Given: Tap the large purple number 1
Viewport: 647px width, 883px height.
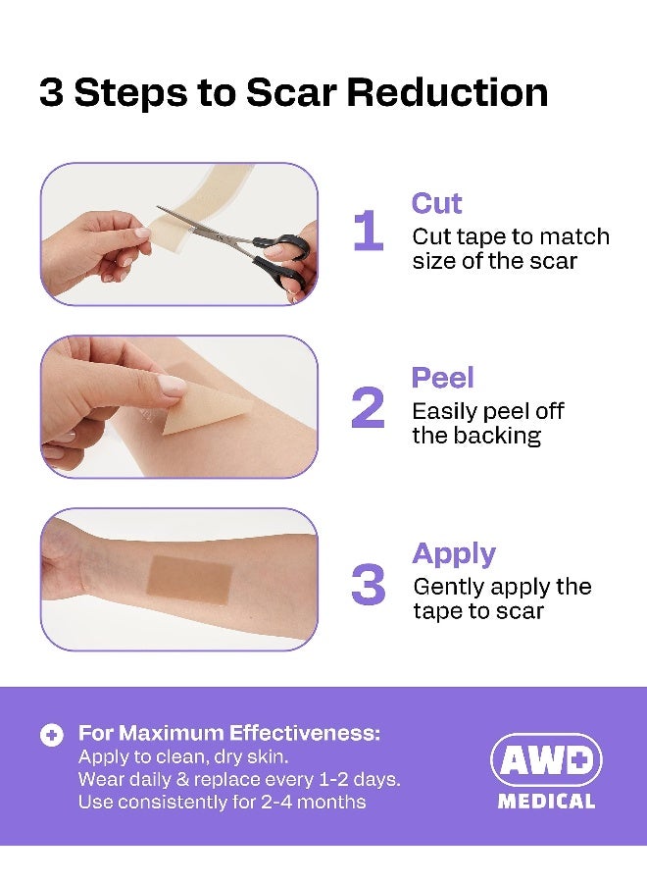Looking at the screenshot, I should (368, 233).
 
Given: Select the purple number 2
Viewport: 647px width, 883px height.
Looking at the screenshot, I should (368, 407).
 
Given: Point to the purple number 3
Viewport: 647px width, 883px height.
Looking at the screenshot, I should (368, 584).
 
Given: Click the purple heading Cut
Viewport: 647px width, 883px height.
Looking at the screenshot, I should (436, 203).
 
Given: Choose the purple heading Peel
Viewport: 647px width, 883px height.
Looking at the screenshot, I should (442, 379).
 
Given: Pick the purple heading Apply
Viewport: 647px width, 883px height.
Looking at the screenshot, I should (454, 553).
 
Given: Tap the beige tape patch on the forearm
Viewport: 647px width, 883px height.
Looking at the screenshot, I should (188, 578).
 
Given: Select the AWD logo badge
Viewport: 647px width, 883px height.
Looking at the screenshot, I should (546, 759).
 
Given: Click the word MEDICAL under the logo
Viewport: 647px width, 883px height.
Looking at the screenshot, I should (546, 802).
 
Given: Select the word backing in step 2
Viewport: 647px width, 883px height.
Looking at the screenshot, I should (500, 436).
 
